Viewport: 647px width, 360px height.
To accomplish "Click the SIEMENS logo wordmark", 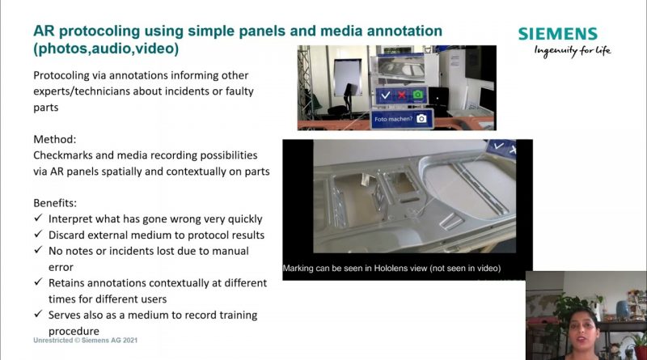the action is (557, 34).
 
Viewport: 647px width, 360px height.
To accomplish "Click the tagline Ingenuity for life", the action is (573, 51).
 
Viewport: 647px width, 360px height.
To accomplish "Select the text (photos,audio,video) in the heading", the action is (106, 49).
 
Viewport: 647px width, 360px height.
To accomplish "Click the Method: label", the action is (55, 139).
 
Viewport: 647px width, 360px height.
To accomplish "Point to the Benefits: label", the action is (55, 203).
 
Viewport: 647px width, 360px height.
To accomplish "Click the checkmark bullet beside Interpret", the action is (38, 218).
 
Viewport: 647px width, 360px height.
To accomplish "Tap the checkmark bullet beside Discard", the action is (38, 234).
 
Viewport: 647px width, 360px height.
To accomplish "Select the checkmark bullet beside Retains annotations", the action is (38, 282).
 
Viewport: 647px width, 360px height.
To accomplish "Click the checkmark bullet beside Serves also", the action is (38, 314).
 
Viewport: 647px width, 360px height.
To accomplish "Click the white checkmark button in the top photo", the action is (386, 95).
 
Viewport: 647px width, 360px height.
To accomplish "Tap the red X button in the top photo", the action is (401, 95).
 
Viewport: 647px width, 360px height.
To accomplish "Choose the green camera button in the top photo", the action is (418, 95).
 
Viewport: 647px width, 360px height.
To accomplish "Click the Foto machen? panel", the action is (402, 119).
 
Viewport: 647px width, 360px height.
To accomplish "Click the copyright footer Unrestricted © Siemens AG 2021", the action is (86, 341).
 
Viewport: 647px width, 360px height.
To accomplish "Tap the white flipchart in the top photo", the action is (347, 77).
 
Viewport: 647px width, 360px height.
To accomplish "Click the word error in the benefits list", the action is (61, 268).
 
